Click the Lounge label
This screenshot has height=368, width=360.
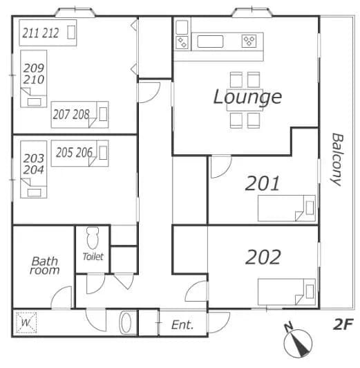point(247,98)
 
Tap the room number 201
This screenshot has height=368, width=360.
point(263,183)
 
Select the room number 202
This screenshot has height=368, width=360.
point(263,257)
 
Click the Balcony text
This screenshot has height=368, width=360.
point(337,160)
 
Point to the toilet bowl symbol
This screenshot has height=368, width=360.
point(93,238)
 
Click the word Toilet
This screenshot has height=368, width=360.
point(93,257)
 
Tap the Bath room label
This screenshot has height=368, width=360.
point(44,266)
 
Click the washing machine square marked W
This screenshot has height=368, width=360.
point(26,322)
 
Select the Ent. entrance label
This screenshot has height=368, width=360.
point(182,325)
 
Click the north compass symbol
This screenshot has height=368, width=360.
point(298,341)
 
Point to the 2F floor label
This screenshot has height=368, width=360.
point(343,324)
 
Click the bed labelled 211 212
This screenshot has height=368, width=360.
point(48,33)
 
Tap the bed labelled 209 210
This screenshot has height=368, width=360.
point(34,79)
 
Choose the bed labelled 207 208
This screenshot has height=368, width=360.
point(79,115)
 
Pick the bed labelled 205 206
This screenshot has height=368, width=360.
point(79,154)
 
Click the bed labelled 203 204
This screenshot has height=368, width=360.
point(34,169)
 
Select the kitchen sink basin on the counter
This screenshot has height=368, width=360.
point(210,42)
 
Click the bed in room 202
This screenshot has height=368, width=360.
point(286,292)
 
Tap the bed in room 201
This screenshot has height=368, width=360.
point(286,208)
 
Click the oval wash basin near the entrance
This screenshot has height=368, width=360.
point(126,322)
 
